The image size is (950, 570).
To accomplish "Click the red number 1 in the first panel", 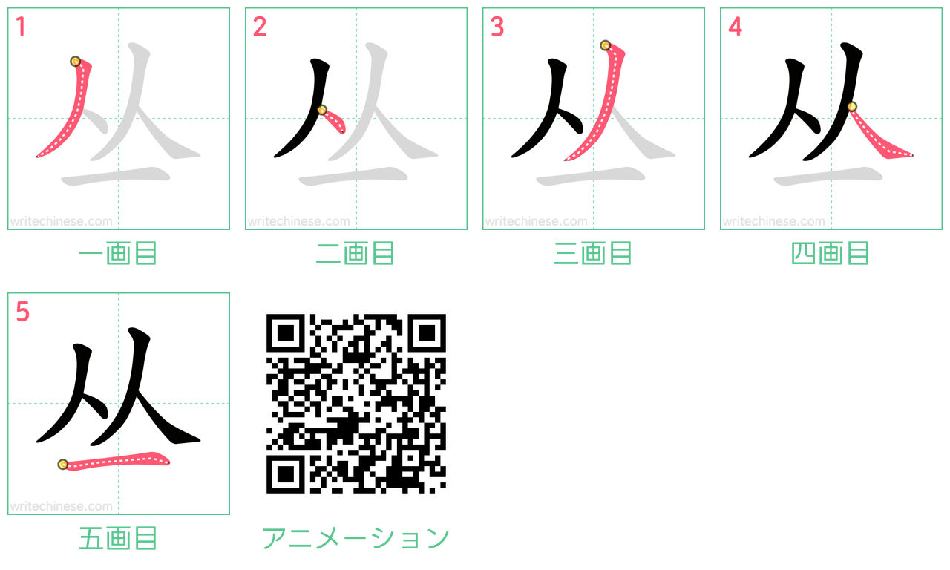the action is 21,27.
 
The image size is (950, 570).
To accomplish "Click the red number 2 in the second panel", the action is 260,27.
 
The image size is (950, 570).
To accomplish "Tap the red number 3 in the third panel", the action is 497,27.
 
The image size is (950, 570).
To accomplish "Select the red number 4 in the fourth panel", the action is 735,27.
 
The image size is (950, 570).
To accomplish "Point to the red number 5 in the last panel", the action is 22,312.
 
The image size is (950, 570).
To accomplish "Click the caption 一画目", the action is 118,253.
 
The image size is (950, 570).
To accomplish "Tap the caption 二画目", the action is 356,253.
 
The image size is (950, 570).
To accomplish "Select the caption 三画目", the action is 593,253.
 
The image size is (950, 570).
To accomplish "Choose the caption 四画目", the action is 831,253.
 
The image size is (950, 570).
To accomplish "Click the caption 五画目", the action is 118,538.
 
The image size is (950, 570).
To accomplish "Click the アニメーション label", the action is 356,538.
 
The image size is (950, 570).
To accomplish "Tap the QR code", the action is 356,403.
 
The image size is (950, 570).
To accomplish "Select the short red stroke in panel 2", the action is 334,120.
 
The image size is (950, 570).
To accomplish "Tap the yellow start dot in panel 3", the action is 605,45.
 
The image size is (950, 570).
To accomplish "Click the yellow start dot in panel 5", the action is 63,465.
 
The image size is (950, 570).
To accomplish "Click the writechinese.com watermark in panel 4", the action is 773,221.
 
